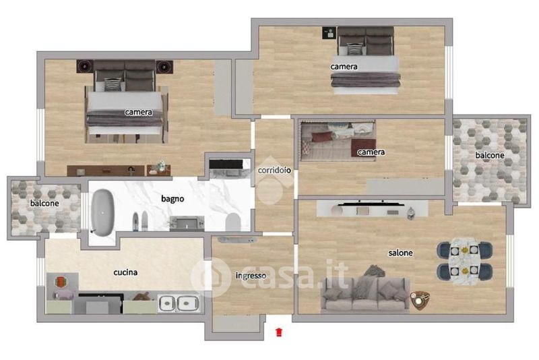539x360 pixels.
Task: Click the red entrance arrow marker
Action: tap(279, 332)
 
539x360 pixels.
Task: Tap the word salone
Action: tap(400, 253)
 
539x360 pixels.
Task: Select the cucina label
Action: tap(125, 272)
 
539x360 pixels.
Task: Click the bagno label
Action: tap(172, 199)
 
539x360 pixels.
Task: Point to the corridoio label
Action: tap(274, 170)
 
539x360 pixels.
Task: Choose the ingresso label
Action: tap(251, 276)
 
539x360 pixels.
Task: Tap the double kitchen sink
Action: tap(179, 303)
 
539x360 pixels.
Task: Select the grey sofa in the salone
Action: tap(365, 295)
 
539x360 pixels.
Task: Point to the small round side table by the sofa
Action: tap(419, 300)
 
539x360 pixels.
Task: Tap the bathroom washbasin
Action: tap(187, 224)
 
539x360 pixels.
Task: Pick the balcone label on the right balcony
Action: tap(490, 156)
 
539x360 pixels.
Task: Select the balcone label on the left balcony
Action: tap(44, 203)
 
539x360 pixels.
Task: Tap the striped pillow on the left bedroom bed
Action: tap(113, 84)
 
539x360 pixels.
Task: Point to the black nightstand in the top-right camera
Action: tap(329, 33)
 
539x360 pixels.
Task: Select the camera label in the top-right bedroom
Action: tap(344, 66)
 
